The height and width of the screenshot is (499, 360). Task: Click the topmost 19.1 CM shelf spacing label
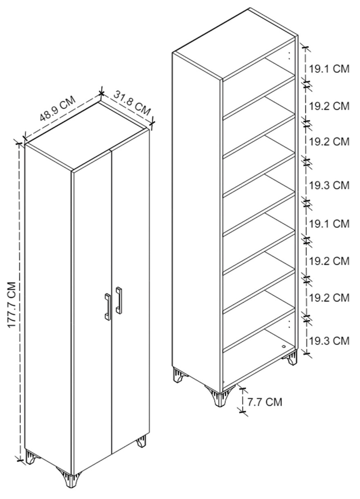(x=329, y=69)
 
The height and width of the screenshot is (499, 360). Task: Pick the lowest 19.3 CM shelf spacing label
(x=329, y=341)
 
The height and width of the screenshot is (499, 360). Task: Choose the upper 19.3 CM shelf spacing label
(x=329, y=185)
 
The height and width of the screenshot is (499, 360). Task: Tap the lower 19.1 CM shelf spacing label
(x=329, y=223)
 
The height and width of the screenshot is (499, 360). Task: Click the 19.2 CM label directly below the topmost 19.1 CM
(x=329, y=106)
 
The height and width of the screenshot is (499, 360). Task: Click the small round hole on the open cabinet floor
(x=284, y=346)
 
